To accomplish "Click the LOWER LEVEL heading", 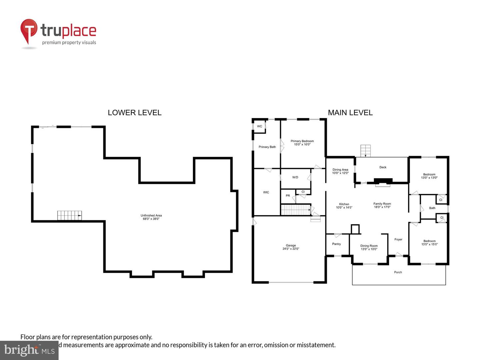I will point(134,113).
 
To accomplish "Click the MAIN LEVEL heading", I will point(350,113).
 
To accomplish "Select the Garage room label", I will point(291,245).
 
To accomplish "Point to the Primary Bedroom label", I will point(302,141).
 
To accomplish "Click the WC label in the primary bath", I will point(259,126).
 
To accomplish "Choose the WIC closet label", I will point(266,192).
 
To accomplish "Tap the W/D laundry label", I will point(295,177).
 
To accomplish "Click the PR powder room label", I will point(288,196).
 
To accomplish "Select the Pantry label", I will point(336,244).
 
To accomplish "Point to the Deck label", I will point(383,167).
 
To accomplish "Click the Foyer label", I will point(398,239).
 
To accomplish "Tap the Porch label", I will point(398,272).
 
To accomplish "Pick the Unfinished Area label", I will point(151,215).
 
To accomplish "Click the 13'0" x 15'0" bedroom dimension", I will point(429,244).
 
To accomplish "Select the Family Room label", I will point(382,204).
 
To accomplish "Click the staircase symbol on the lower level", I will point(69,216).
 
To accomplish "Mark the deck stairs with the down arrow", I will point(365,151).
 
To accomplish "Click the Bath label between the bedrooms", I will point(432,208).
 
